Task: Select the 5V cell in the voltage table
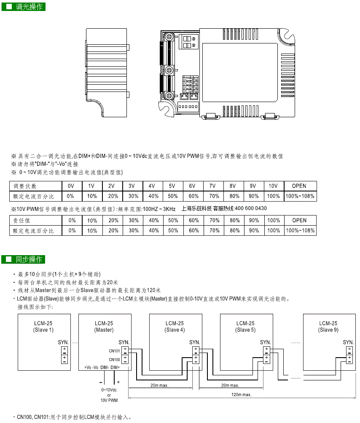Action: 172,186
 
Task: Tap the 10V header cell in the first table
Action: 273,186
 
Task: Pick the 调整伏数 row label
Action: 25,186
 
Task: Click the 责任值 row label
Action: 21,221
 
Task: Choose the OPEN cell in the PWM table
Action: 299,221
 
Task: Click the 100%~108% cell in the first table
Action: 300,196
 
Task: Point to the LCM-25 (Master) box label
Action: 104,326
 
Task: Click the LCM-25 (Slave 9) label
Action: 328,326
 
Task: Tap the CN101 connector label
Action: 114,351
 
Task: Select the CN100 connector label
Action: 114,360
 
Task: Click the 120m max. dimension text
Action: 242,395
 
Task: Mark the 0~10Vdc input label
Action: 109,390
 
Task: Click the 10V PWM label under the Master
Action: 109,400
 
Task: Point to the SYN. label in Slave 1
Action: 63,342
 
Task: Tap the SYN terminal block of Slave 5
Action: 266,355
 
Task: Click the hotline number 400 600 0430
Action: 251,208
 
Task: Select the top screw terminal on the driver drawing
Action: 169,36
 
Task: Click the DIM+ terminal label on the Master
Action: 115,367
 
